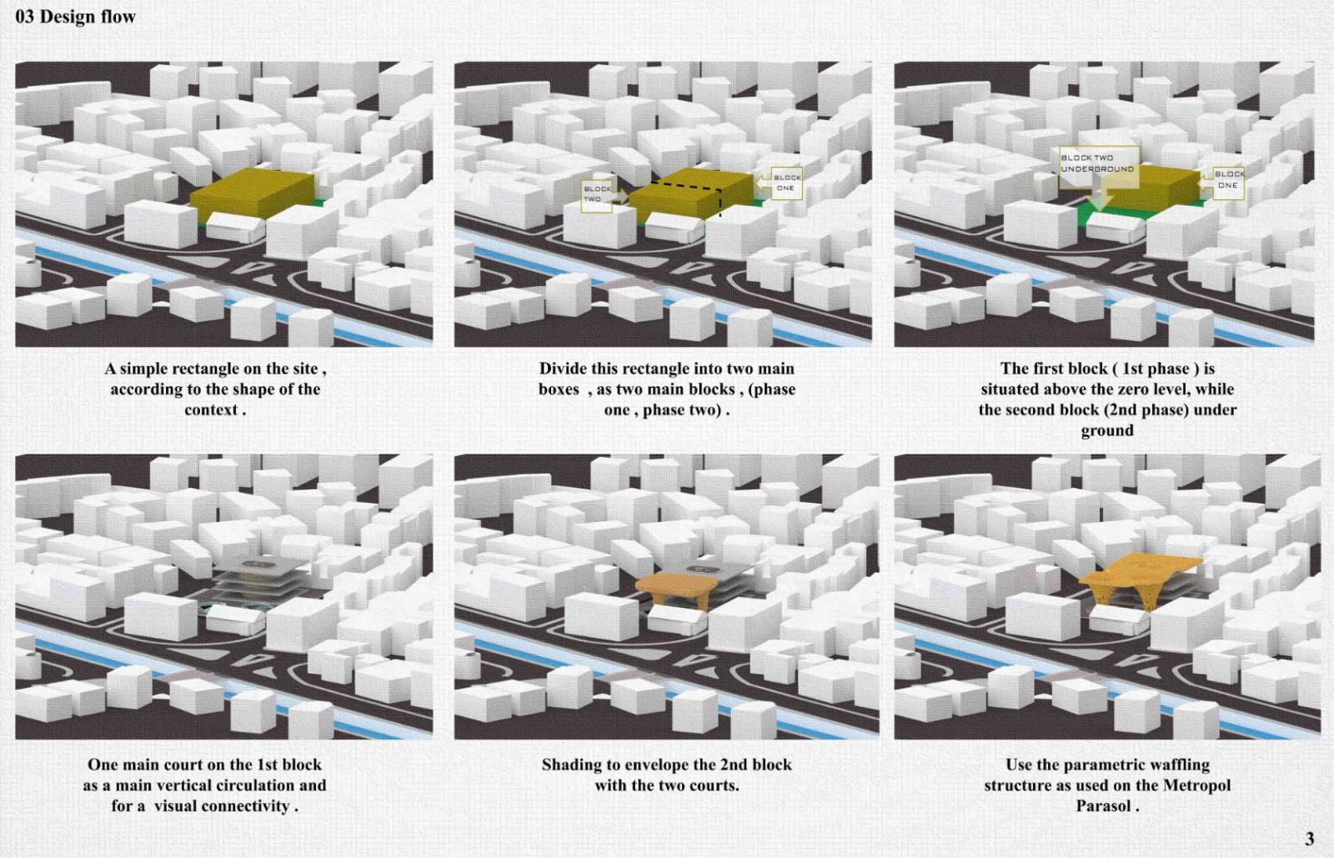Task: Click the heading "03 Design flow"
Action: coord(75,17)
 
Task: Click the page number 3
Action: coord(1310,838)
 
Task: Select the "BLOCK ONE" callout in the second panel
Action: coord(786,183)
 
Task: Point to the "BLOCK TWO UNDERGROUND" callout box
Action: coord(1099,167)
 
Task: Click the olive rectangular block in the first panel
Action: coord(253,193)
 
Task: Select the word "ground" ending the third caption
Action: coord(1107,431)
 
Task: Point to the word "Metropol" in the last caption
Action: coord(1196,785)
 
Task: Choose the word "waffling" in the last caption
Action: coord(1180,765)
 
